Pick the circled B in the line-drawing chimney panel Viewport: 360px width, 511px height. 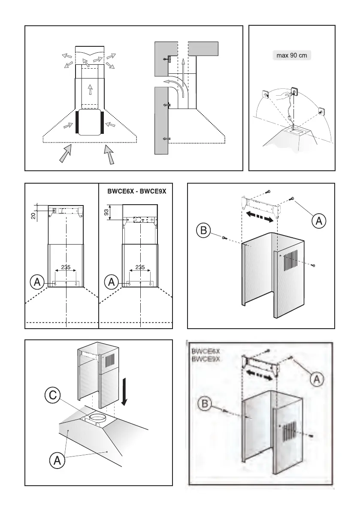203,231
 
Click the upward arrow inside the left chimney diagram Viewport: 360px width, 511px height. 90,89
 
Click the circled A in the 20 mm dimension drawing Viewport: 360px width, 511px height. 37,282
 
